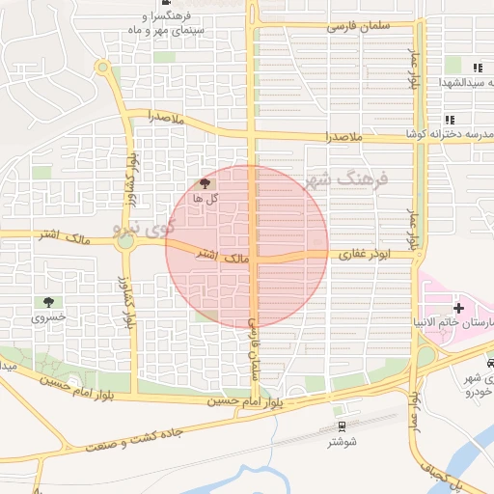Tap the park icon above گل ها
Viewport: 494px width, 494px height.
tap(204, 183)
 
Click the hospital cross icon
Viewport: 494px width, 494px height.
tap(457, 307)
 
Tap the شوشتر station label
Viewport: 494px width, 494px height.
tap(343, 441)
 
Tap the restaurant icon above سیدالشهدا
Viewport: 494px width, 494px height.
tap(477, 67)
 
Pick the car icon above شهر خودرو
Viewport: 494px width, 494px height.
tap(491, 364)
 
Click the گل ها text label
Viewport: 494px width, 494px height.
tap(205, 198)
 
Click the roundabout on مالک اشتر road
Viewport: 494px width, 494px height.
tap(124, 240)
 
